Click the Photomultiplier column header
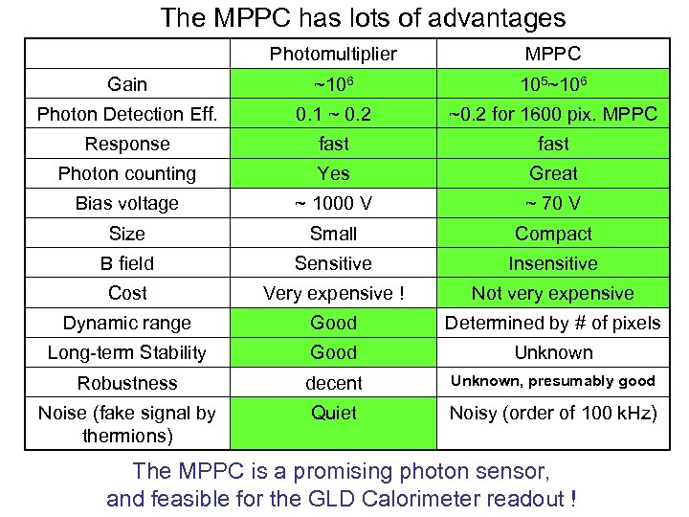(x=333, y=54)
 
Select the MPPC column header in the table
(x=553, y=54)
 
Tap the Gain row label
(x=127, y=84)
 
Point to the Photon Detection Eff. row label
(x=127, y=114)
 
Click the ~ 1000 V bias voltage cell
(x=333, y=203)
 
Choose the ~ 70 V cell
(x=553, y=203)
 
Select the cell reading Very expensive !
(x=333, y=293)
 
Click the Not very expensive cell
(x=553, y=293)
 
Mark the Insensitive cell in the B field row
(x=553, y=263)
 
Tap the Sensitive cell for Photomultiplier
(x=333, y=263)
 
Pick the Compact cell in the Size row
(x=553, y=234)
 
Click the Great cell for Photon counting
(x=553, y=173)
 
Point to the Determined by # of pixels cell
(x=553, y=323)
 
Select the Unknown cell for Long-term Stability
(x=553, y=352)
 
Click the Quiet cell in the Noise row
(x=333, y=413)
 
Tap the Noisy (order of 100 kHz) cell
(x=553, y=413)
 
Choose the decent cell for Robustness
(x=333, y=383)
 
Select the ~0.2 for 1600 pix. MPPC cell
(x=553, y=114)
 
